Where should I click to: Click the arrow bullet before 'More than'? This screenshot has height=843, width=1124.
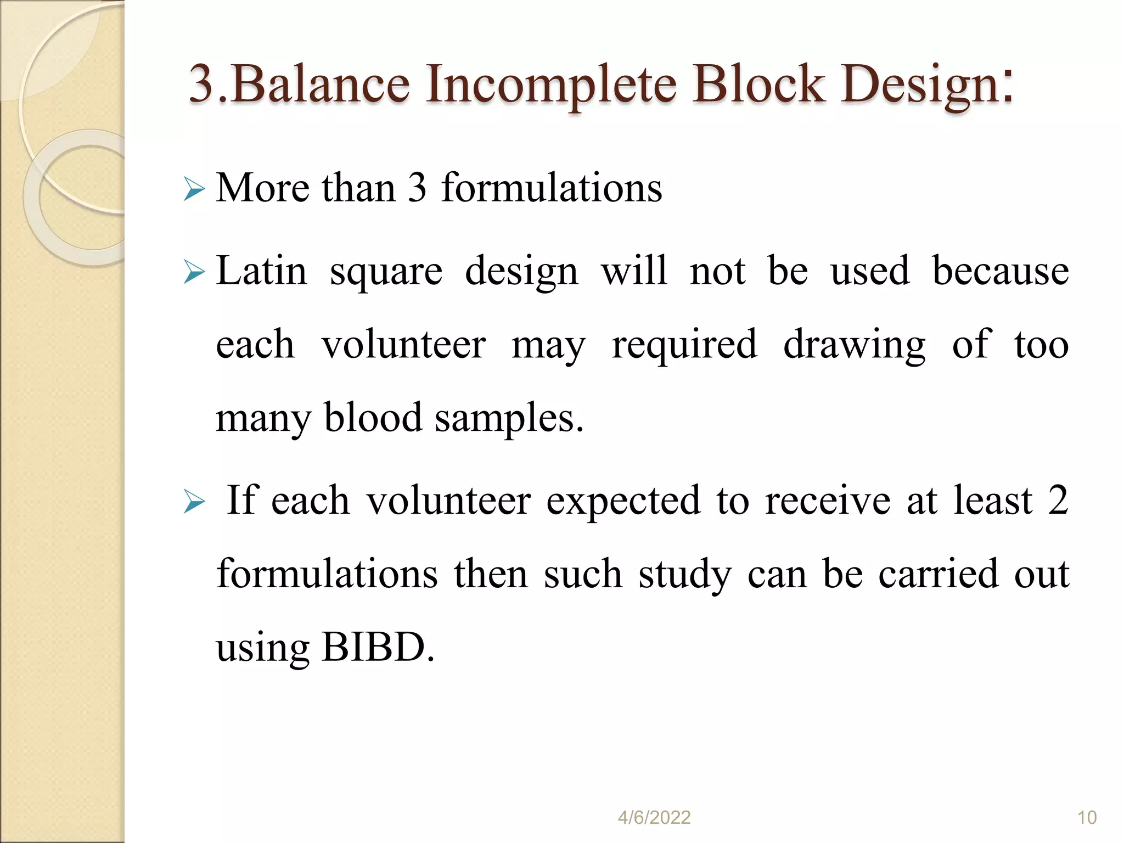tap(194, 190)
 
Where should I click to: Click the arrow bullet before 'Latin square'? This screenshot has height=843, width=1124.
tap(194, 272)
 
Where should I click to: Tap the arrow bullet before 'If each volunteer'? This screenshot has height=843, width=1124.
tap(194, 502)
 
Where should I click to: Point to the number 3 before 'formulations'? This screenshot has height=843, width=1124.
tap(417, 188)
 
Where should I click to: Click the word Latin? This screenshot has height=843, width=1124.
tap(261, 271)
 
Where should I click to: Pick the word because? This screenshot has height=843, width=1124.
tap(1000, 271)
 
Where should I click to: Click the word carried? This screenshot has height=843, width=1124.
tap(938, 574)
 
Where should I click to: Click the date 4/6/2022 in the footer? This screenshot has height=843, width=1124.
tap(654, 818)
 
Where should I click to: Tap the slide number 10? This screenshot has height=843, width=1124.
tap(1087, 818)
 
